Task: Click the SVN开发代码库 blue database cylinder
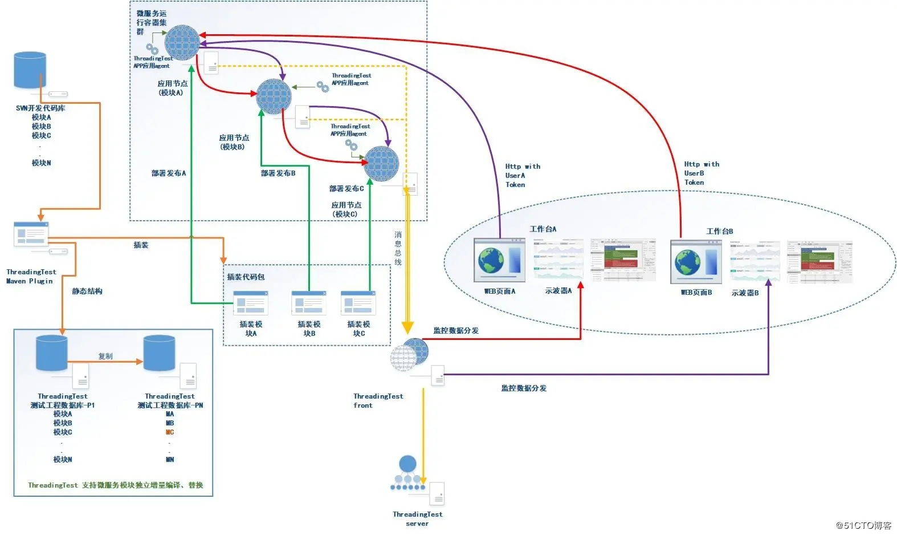click(30, 70)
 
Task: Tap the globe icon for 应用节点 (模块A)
click(182, 43)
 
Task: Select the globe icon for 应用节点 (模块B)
click(274, 96)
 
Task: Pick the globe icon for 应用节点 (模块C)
click(381, 164)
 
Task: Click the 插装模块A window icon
click(250, 303)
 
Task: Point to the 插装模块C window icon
click(358, 303)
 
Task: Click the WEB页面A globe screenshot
click(499, 260)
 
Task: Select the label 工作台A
click(543, 229)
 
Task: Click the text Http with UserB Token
click(701, 173)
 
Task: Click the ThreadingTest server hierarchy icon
click(407, 473)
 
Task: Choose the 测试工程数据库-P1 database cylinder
click(51, 354)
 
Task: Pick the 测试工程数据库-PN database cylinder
click(159, 354)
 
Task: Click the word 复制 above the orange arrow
click(105, 356)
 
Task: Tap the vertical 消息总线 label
click(398, 248)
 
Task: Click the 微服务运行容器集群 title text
click(151, 22)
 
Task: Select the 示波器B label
click(745, 293)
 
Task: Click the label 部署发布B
click(278, 173)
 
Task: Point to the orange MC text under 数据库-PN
click(169, 432)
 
